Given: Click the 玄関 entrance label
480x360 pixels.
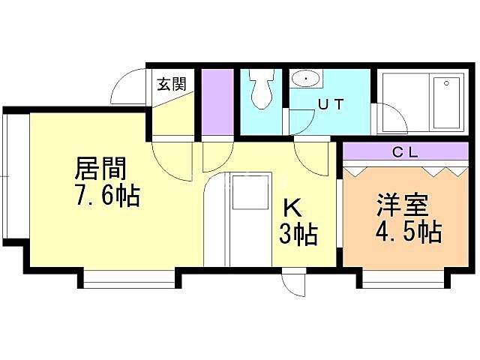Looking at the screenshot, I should coord(172,84).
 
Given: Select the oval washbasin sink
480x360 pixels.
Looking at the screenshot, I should coord(306,78).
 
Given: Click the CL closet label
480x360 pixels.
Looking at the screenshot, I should coord(406,152).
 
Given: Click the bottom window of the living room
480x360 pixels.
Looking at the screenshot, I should coord(128,280).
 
